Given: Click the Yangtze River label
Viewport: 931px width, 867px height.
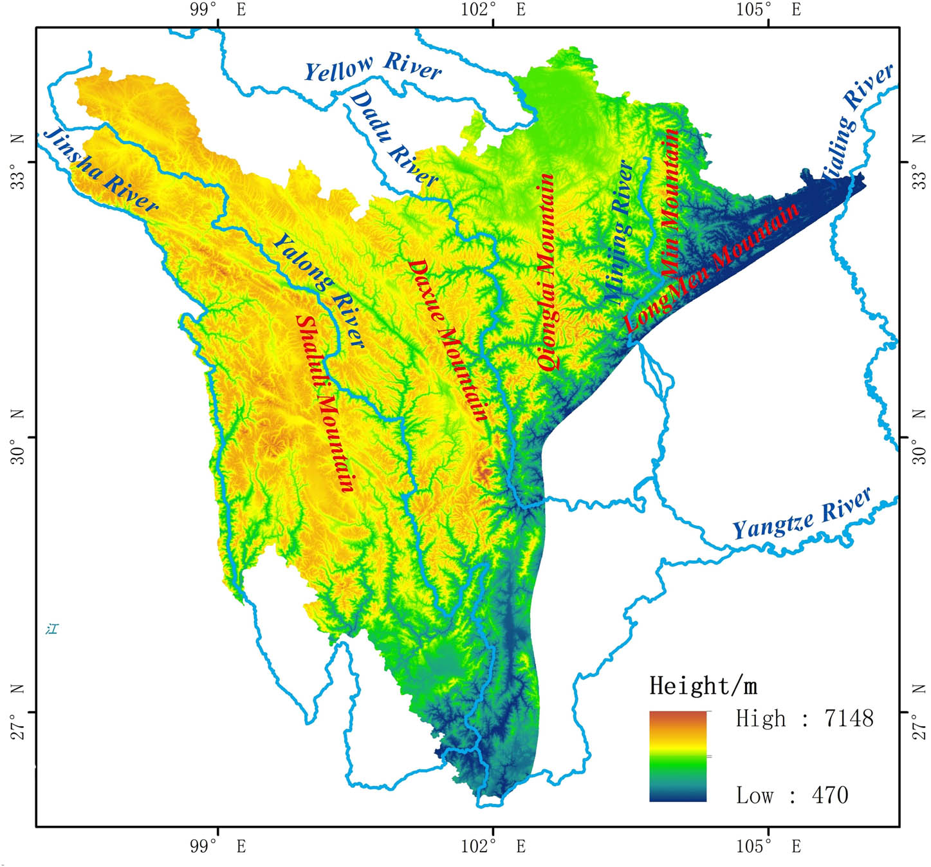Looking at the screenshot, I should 802,514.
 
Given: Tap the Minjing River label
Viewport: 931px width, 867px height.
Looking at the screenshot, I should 619,232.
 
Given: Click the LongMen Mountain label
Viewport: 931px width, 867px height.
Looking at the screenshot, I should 711,268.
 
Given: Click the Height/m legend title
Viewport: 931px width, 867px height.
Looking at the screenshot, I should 703,685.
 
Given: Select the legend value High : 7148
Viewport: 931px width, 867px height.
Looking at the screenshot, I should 804,718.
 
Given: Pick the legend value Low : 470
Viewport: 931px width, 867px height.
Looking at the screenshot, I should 792,795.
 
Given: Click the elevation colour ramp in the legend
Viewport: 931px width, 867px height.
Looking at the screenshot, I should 678,756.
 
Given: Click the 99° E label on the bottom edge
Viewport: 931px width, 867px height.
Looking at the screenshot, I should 218,846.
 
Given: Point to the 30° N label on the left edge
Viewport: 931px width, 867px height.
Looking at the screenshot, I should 18,437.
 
